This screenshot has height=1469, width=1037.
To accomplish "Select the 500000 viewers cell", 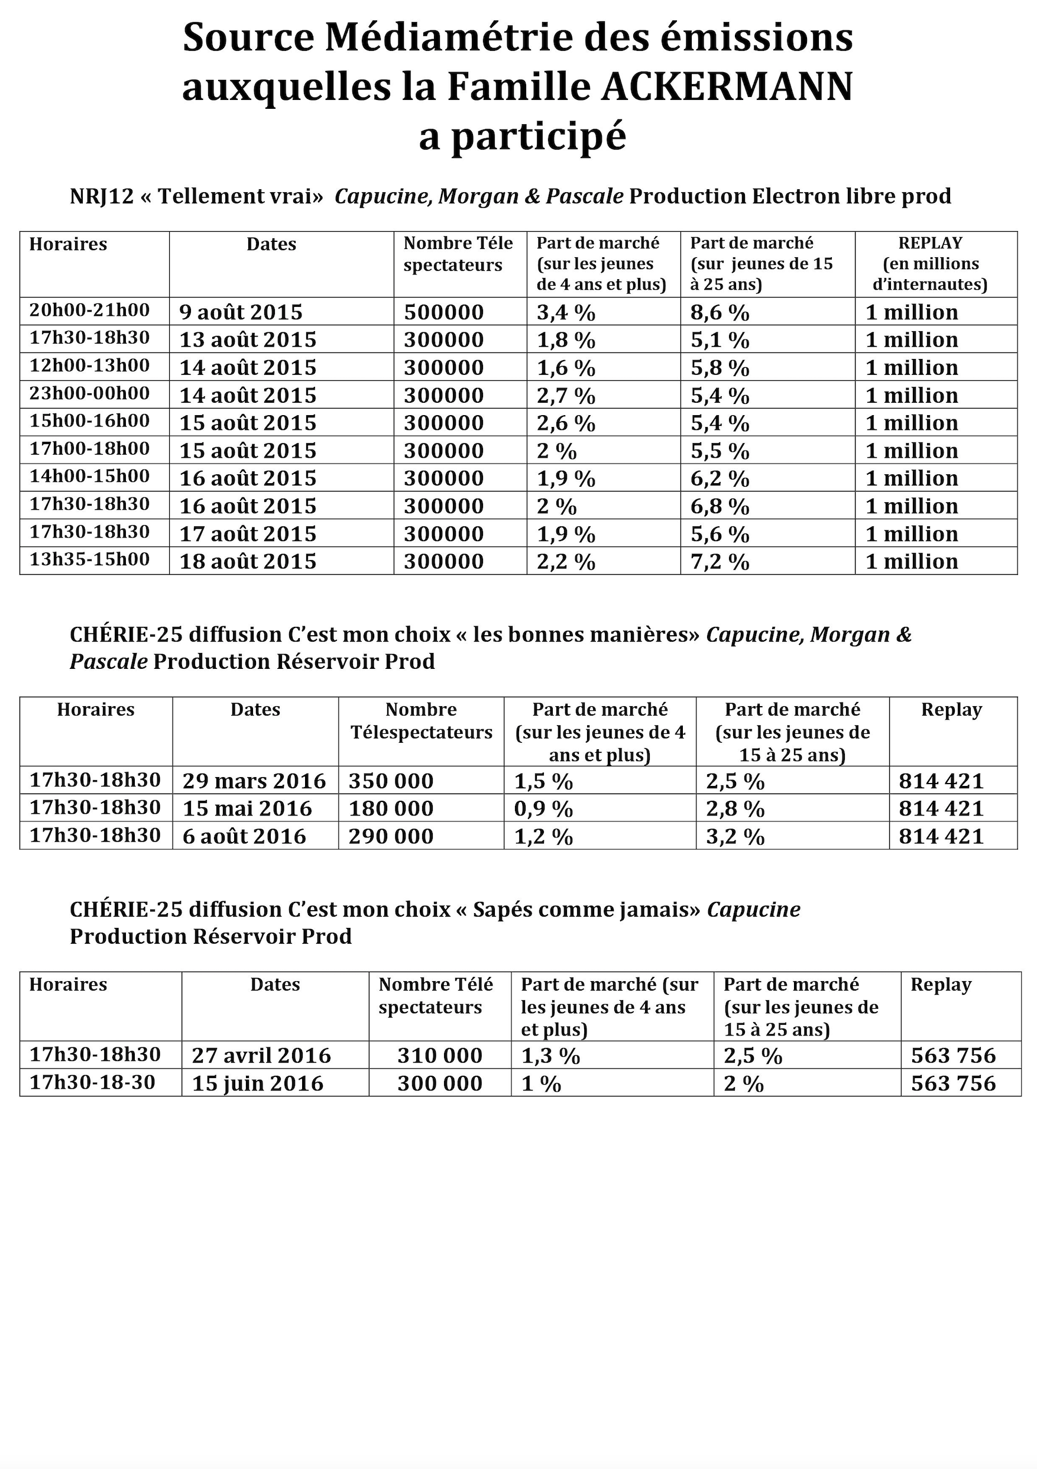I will (x=443, y=312).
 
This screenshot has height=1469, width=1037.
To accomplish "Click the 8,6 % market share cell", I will (x=720, y=312).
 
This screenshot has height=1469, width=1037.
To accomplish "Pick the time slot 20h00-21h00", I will (x=89, y=310).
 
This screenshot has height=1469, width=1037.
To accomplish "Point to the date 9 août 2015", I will (x=241, y=312).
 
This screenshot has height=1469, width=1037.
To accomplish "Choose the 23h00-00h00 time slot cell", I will (x=89, y=393).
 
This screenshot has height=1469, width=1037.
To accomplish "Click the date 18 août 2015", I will (x=248, y=561).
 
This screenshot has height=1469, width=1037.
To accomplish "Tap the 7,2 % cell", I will (x=720, y=561).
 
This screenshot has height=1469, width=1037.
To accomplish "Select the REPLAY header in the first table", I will (x=929, y=243).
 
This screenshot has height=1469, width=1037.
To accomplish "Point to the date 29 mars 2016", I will (x=254, y=781).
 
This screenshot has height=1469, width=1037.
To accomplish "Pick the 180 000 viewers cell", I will (x=391, y=808).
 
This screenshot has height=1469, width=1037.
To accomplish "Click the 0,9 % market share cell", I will (x=543, y=808).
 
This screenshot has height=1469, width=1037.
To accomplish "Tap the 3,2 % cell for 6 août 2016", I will (x=735, y=836).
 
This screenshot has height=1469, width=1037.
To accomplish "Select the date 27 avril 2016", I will (x=261, y=1055).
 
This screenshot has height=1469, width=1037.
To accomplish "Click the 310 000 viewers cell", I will (x=439, y=1055).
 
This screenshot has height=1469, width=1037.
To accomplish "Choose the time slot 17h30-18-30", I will (x=92, y=1082).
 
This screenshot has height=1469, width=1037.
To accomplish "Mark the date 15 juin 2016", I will (x=258, y=1083).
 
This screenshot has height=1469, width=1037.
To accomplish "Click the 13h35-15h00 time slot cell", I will (x=89, y=559).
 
